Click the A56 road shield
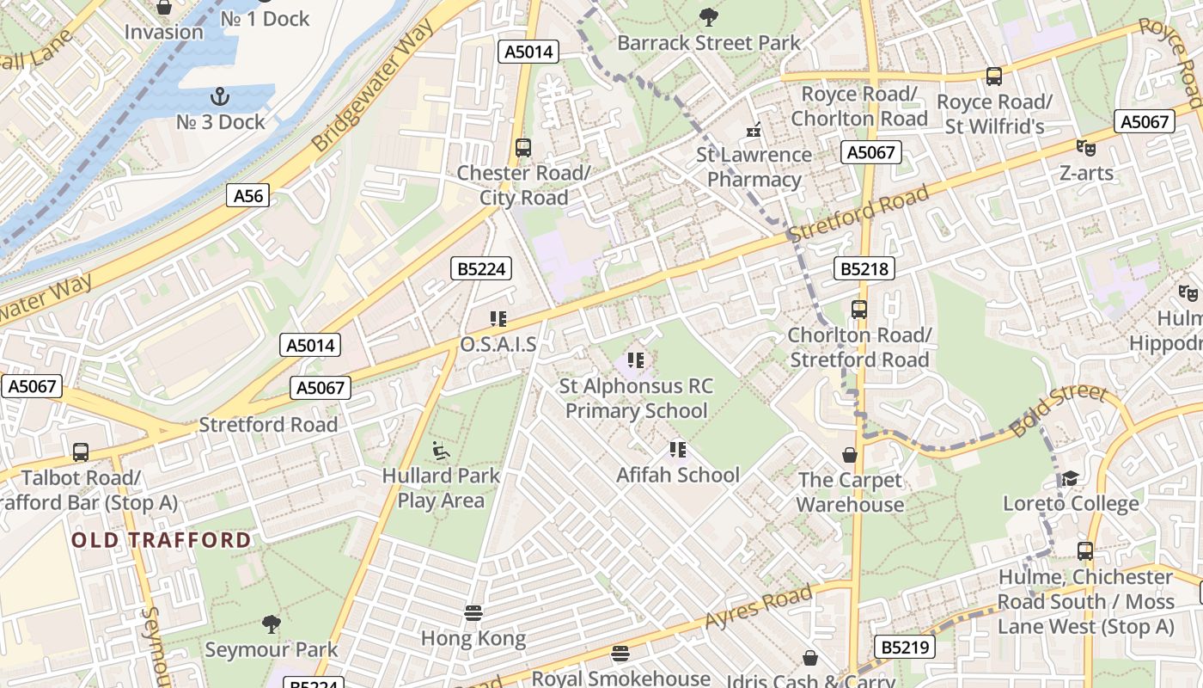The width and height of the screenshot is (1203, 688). [x=248, y=196]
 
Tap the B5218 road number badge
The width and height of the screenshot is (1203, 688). [x=864, y=269]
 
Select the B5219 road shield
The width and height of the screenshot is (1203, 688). [x=905, y=646]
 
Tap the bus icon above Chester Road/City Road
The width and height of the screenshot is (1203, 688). [x=523, y=147]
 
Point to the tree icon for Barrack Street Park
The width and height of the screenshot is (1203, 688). [x=708, y=16]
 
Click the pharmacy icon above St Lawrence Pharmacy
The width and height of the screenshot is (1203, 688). [x=754, y=130]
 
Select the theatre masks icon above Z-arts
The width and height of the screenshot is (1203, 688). [x=1086, y=148]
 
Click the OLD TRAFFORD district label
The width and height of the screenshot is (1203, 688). [x=162, y=540]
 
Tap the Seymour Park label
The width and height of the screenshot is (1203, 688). [x=271, y=649]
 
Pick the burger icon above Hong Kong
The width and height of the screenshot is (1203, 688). [x=473, y=613]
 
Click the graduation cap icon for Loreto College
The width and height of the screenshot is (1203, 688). [x=1070, y=478]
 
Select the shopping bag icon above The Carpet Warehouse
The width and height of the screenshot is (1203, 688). [x=850, y=455]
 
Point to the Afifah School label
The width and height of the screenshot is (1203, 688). [x=677, y=475]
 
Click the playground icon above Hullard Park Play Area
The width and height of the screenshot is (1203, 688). [x=440, y=450]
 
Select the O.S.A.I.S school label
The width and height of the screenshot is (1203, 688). [x=498, y=345]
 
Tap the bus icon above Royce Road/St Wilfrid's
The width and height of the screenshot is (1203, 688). [x=994, y=77]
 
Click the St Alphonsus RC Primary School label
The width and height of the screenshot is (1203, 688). [x=636, y=398]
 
